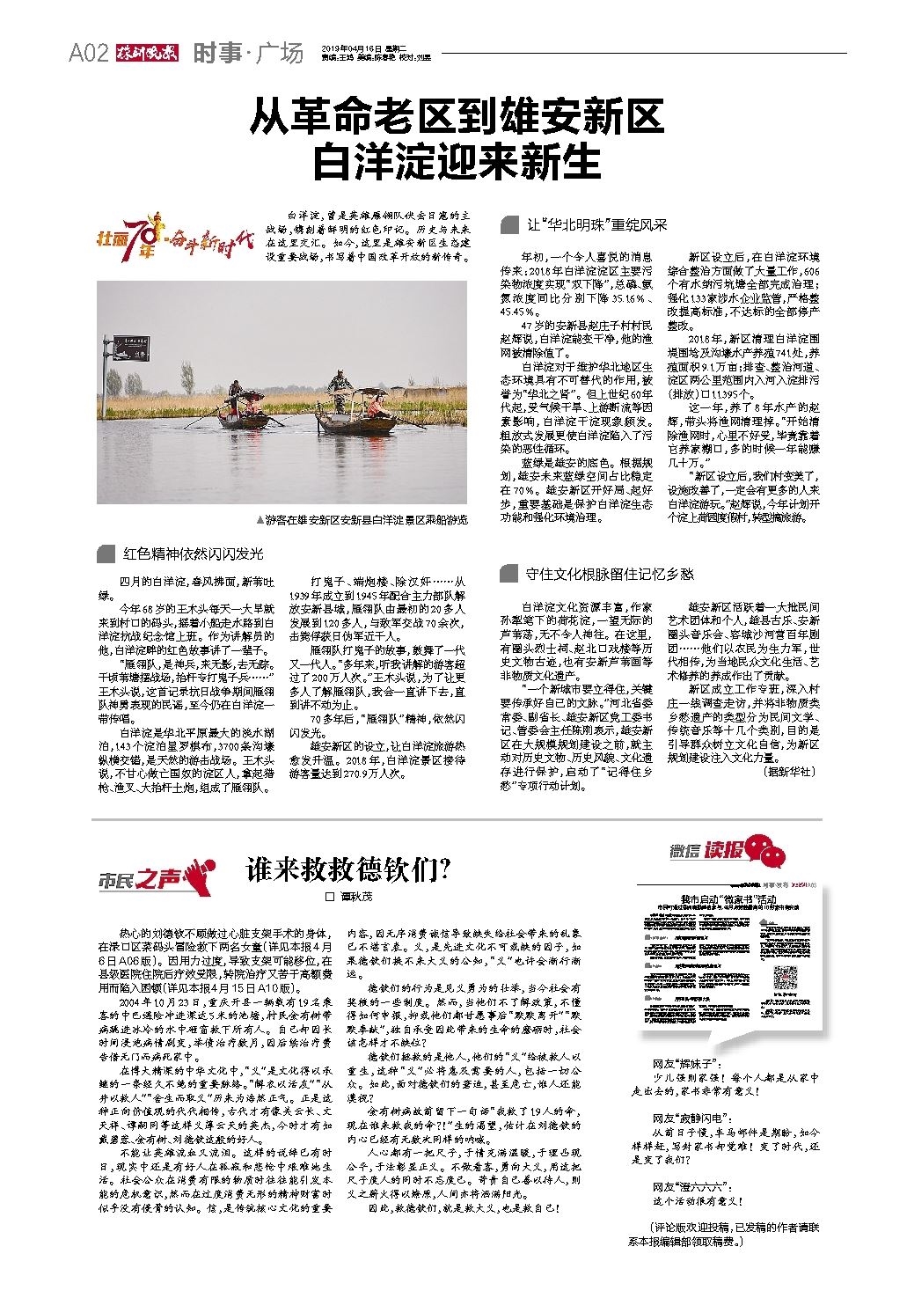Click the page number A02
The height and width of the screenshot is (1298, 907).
[x=88, y=54]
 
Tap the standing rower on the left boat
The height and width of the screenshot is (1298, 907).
[x=235, y=391]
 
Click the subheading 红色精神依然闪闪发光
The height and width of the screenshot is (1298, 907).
[x=193, y=554]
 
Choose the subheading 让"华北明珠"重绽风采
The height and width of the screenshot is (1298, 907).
[x=597, y=225]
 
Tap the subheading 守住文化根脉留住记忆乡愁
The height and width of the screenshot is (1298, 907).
[x=610, y=575]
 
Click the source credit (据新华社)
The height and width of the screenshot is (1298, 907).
[x=787, y=771]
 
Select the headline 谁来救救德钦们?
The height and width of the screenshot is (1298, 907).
[x=349, y=869]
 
